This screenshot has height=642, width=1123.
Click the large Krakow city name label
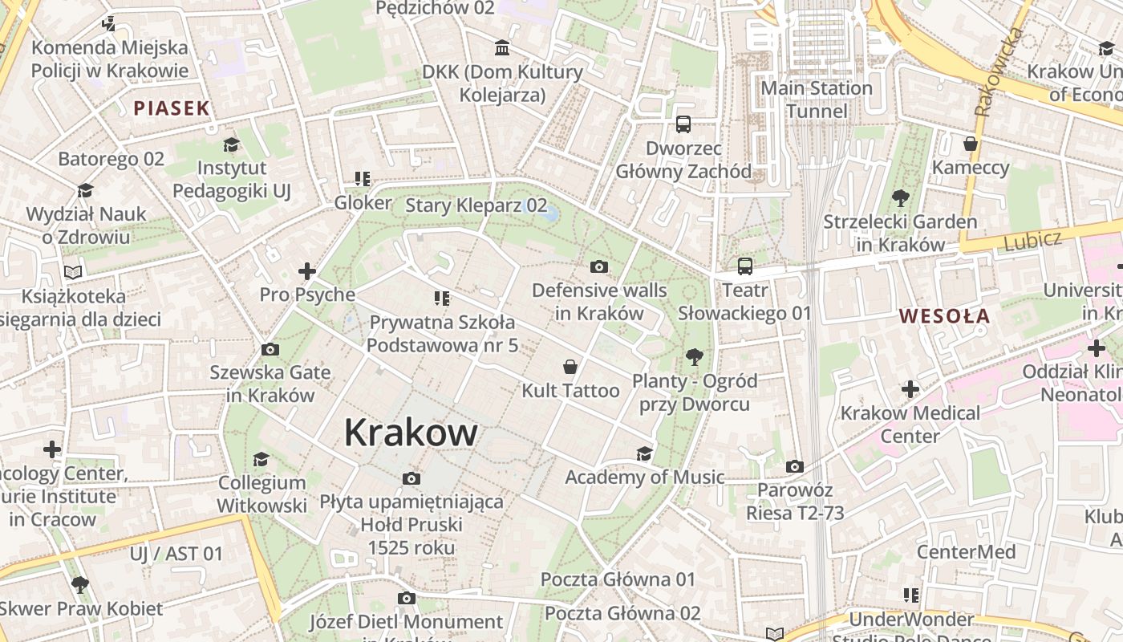[411, 433]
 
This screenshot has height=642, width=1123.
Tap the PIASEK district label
[171, 108]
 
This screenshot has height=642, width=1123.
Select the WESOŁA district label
[944, 316]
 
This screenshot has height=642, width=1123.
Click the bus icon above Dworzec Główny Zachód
[683, 124]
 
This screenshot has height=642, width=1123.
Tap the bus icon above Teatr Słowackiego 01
[745, 266]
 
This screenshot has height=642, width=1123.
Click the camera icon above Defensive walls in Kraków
[598, 267]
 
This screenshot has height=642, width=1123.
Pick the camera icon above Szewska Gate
[270, 349]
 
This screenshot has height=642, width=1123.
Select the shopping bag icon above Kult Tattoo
[570, 367]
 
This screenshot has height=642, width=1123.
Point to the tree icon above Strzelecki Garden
[900, 197]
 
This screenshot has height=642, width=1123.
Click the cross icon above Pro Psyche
[306, 271]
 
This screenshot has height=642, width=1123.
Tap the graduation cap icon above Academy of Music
[644, 454]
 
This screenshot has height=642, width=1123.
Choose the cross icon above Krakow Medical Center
[910, 390]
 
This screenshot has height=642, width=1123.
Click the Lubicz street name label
[1032, 240]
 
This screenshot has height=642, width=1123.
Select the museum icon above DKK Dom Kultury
[502, 48]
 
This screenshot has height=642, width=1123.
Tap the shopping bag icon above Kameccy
[971, 144]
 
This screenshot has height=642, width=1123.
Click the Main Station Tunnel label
[817, 100]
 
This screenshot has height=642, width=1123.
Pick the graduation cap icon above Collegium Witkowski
[261, 459]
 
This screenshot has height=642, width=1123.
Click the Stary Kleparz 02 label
[476, 205]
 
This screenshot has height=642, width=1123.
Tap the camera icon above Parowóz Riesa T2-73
[794, 466]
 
